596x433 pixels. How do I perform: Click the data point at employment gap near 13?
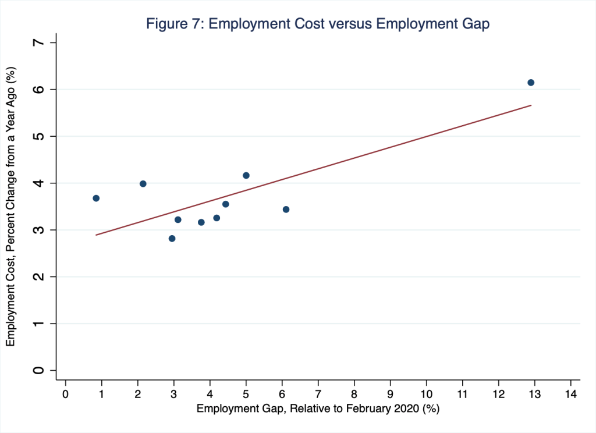[x=531, y=83]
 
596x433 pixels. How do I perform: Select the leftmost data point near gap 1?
[x=96, y=198]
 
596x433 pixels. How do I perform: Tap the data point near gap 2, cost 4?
[x=143, y=184]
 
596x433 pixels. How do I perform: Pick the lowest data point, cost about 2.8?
[x=172, y=239]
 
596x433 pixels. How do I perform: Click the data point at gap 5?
[x=246, y=175]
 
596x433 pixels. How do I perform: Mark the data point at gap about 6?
[x=286, y=210]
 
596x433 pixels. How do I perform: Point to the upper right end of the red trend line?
[x=531, y=105]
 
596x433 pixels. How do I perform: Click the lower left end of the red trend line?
[x=96, y=235]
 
